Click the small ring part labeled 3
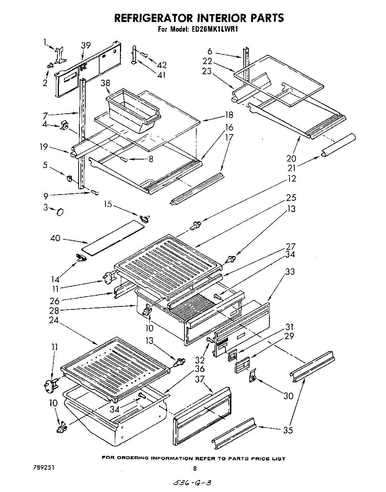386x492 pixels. [60, 212]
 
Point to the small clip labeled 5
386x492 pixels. [69, 178]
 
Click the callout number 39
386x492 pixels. [86, 45]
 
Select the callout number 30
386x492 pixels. [288, 395]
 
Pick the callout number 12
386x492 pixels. [292, 179]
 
